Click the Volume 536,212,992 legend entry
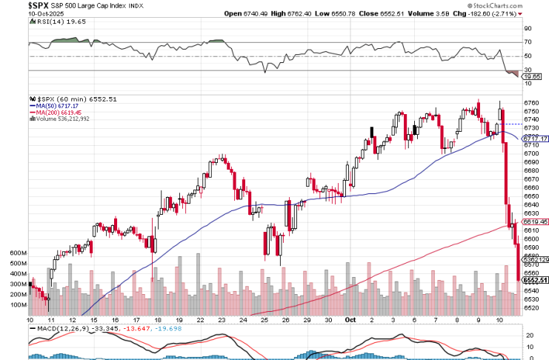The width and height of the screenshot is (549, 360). [x=63, y=119]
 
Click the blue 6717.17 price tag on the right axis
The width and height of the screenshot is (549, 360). [x=534, y=139]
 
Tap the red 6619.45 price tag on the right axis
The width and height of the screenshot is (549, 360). [x=534, y=221]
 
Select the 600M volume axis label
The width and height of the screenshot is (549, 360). [x=18, y=253]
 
